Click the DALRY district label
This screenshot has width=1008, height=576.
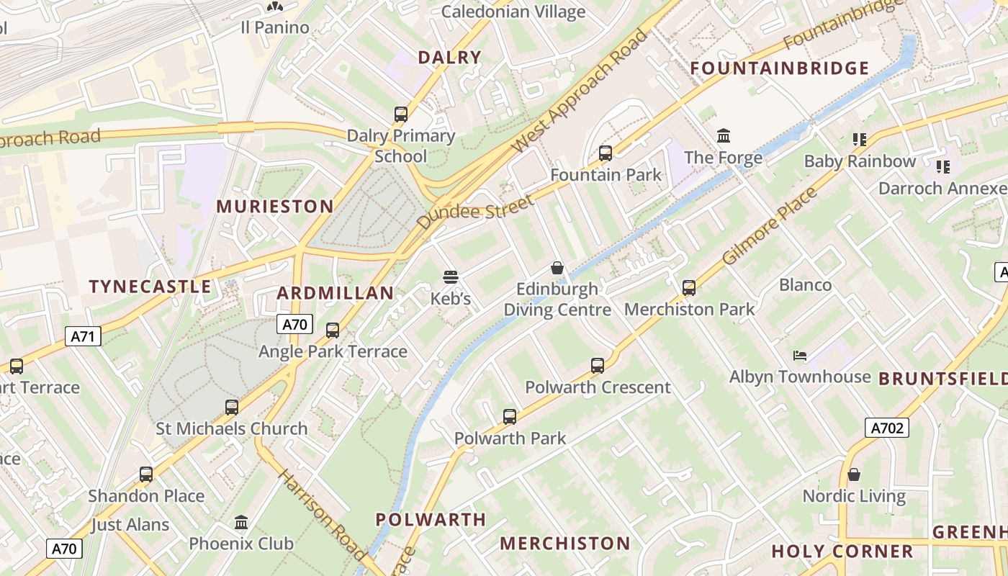(x=449, y=58)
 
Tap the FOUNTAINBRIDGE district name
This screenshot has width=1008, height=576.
(x=780, y=68)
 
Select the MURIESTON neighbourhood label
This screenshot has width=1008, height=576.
(x=275, y=207)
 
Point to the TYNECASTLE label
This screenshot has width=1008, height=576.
(x=150, y=287)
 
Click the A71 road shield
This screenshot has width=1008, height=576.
(x=83, y=336)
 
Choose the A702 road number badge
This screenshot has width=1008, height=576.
(x=886, y=428)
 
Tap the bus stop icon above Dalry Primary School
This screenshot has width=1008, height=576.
(x=401, y=114)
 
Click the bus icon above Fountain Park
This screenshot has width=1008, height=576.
(x=606, y=153)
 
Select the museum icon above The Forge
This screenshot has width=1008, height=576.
(x=724, y=135)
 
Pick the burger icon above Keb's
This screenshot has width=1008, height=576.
(x=451, y=277)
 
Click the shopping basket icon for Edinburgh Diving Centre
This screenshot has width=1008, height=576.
(x=557, y=268)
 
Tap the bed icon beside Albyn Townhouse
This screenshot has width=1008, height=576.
(x=800, y=355)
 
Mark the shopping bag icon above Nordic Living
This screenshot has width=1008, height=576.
(x=854, y=474)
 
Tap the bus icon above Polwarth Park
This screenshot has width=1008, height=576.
(x=510, y=416)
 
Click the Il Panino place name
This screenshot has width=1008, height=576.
(x=274, y=28)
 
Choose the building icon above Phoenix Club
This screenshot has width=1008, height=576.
(x=241, y=522)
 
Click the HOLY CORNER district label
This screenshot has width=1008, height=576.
(x=842, y=552)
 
